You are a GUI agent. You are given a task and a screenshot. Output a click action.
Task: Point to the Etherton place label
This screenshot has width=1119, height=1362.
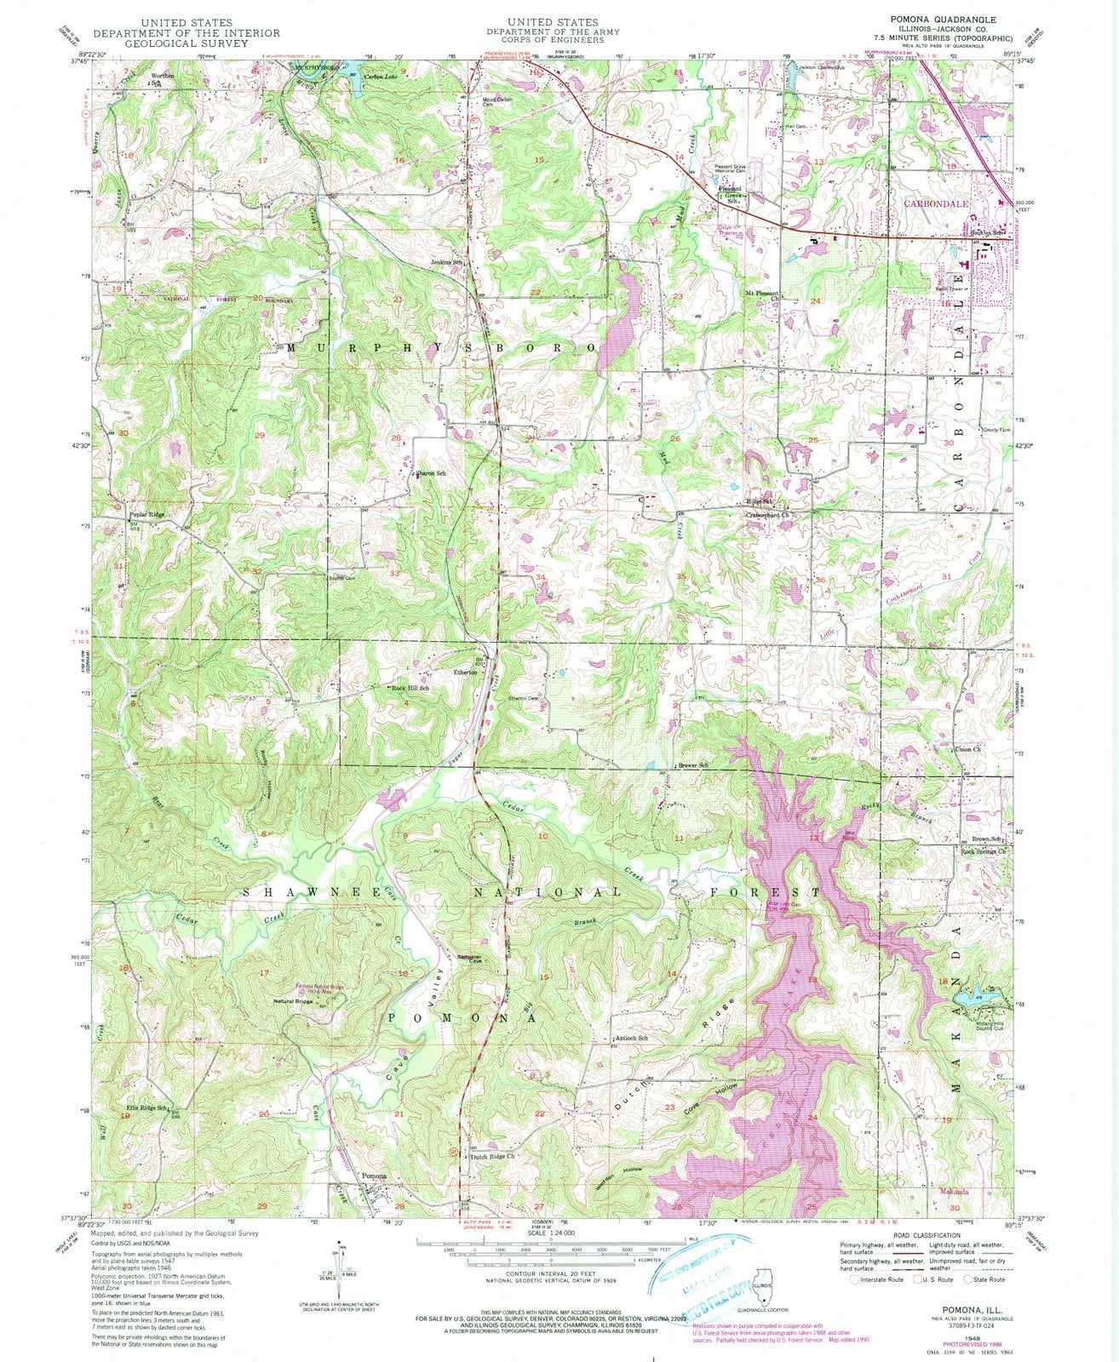click(x=465, y=672)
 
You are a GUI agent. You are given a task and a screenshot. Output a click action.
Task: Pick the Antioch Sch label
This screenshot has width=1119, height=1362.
click(x=631, y=1039)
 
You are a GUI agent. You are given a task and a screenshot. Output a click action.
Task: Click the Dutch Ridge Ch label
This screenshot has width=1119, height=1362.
click(x=494, y=1157)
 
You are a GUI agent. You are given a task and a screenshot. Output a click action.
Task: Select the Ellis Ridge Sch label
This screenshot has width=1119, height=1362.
click(x=146, y=1107)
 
